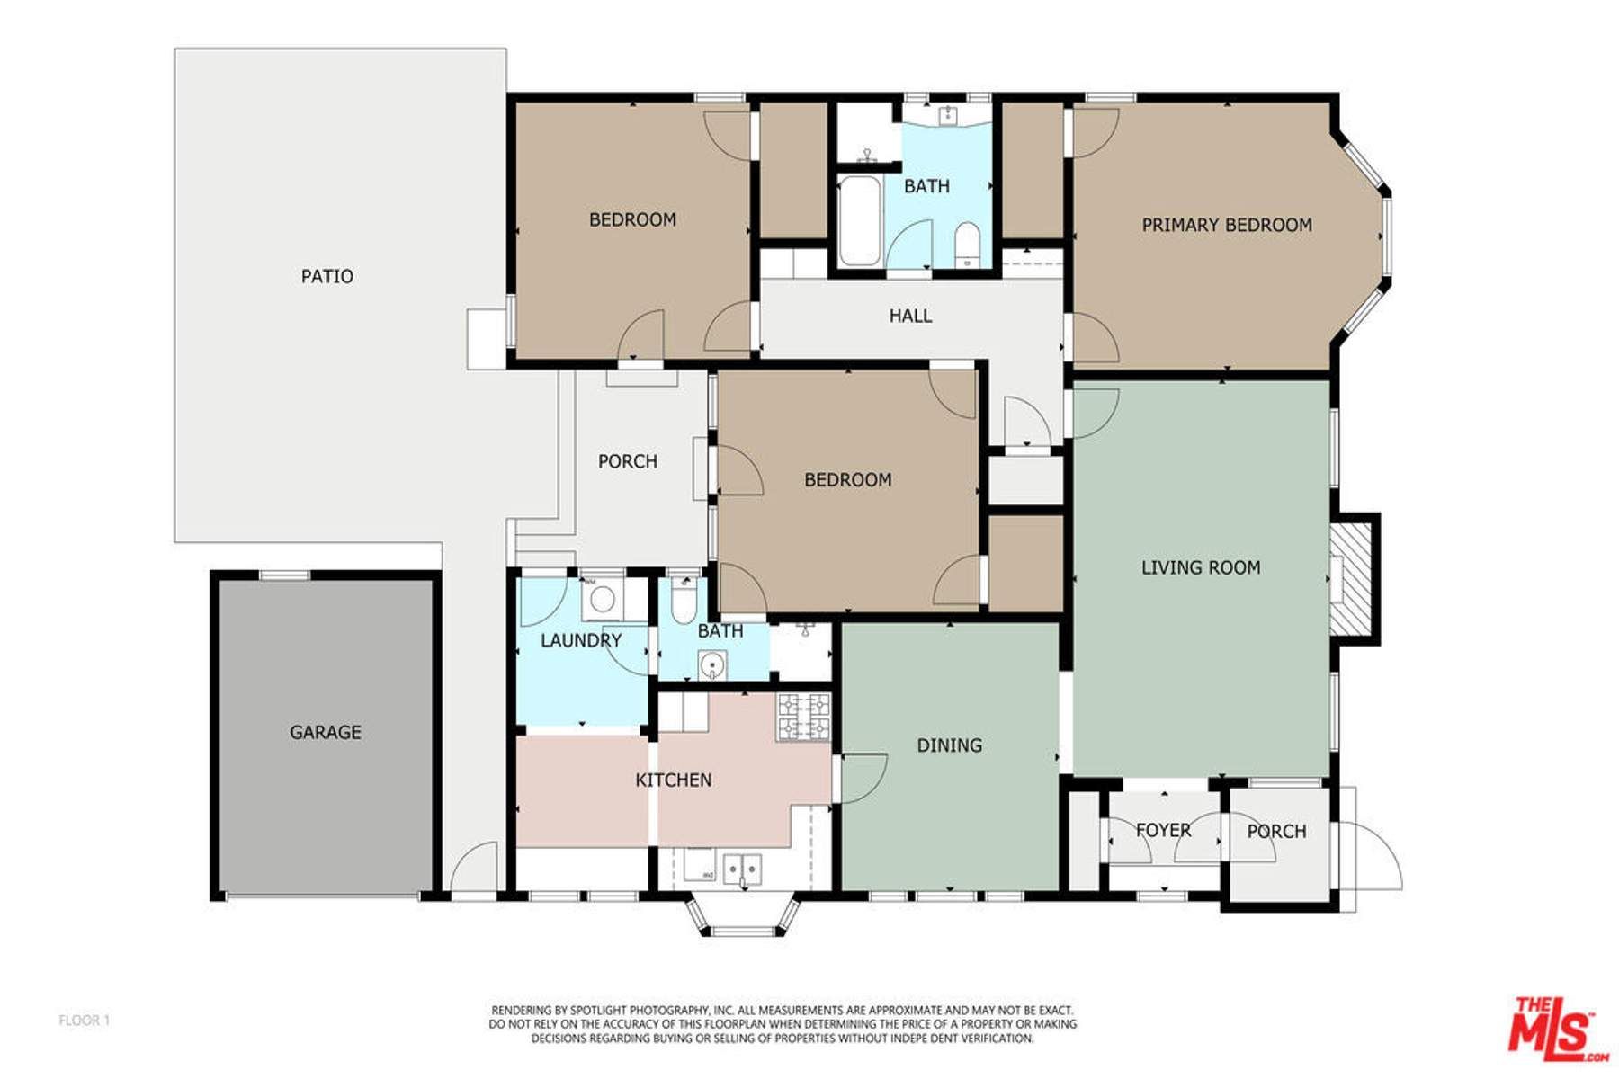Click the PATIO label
(326, 276)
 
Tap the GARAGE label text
(325, 732)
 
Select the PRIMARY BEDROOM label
(1226, 225)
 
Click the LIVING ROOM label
(1200, 567)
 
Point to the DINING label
(949, 745)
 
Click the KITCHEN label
(673, 780)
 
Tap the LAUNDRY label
(580, 640)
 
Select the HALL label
(910, 316)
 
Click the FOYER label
(1163, 830)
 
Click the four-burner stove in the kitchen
(804, 717)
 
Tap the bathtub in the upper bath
(859, 221)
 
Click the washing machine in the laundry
(602, 598)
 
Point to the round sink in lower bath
(711, 667)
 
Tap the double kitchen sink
(743, 869)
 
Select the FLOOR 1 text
(84, 1020)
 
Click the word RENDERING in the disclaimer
(518, 1011)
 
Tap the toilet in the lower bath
(684, 600)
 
